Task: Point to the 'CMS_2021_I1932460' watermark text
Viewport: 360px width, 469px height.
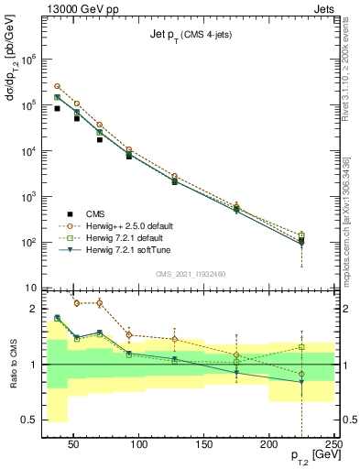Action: coord(190,273)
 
